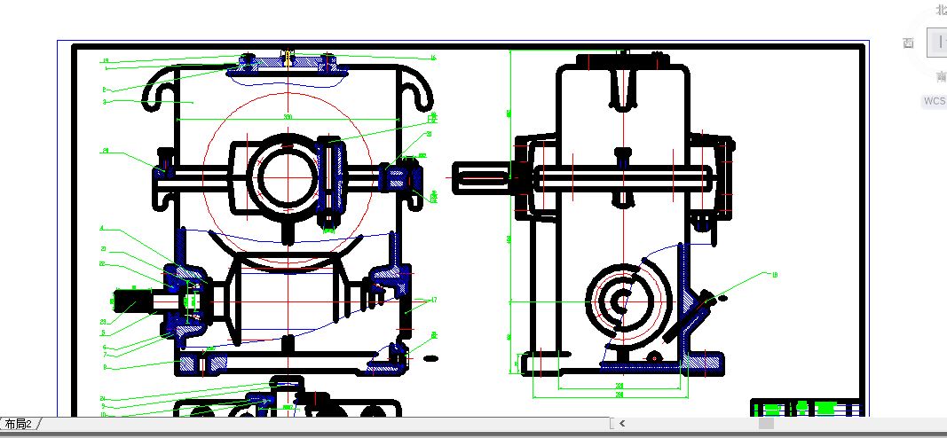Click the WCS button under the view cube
(934, 101)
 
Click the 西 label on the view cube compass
(908, 43)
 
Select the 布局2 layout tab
(19, 425)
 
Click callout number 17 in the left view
(434, 300)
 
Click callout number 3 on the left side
(105, 102)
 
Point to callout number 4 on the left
(103, 229)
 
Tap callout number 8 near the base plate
(104, 366)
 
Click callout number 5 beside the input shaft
(103, 333)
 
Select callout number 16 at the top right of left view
(433, 59)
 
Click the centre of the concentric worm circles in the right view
(623, 301)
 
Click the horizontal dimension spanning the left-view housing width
(287, 117)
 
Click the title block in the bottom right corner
(806, 408)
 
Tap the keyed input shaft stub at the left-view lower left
(133, 301)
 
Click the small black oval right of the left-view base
(431, 358)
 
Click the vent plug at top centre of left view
(287, 58)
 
